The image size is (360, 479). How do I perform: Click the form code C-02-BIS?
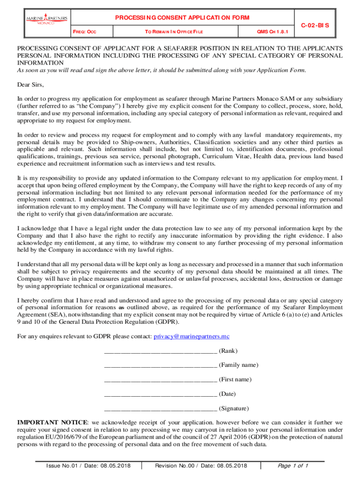click(x=315, y=24)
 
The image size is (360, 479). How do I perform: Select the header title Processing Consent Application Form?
click(x=182, y=18)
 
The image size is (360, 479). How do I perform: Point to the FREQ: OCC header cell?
click(x=86, y=32)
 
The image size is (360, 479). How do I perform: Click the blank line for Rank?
click(x=160, y=351)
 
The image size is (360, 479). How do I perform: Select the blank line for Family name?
click(x=160, y=365)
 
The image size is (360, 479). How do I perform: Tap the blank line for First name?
click(x=160, y=380)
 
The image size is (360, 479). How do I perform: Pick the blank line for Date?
click(x=160, y=394)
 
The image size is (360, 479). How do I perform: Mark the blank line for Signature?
click(x=160, y=409)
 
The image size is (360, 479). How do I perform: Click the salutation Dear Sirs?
click(x=30, y=85)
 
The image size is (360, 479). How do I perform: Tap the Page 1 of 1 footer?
click(x=293, y=466)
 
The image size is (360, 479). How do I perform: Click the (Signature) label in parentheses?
click(x=234, y=408)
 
